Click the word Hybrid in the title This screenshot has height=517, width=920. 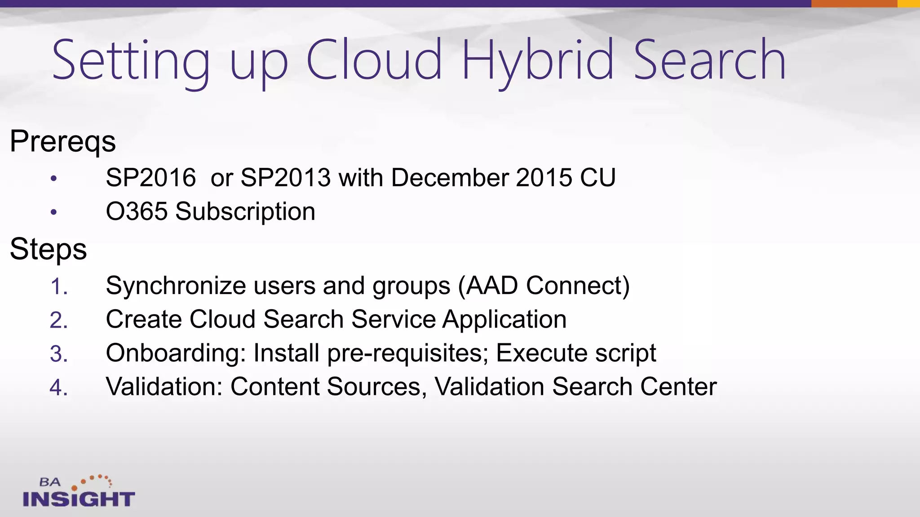(x=537, y=61)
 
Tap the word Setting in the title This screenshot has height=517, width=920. (x=131, y=61)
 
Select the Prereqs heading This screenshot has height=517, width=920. (x=63, y=141)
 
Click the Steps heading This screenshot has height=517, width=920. (x=49, y=249)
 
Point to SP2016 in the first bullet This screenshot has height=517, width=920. (x=151, y=178)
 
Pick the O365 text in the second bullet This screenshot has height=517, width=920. (x=137, y=211)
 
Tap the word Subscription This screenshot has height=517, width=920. (x=245, y=211)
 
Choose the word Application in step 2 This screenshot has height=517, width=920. (x=504, y=320)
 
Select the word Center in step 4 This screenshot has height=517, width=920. (x=678, y=387)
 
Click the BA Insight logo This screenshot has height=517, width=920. (x=79, y=492)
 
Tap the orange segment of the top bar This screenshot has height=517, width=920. (x=854, y=4)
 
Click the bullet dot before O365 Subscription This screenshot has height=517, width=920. (x=54, y=212)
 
